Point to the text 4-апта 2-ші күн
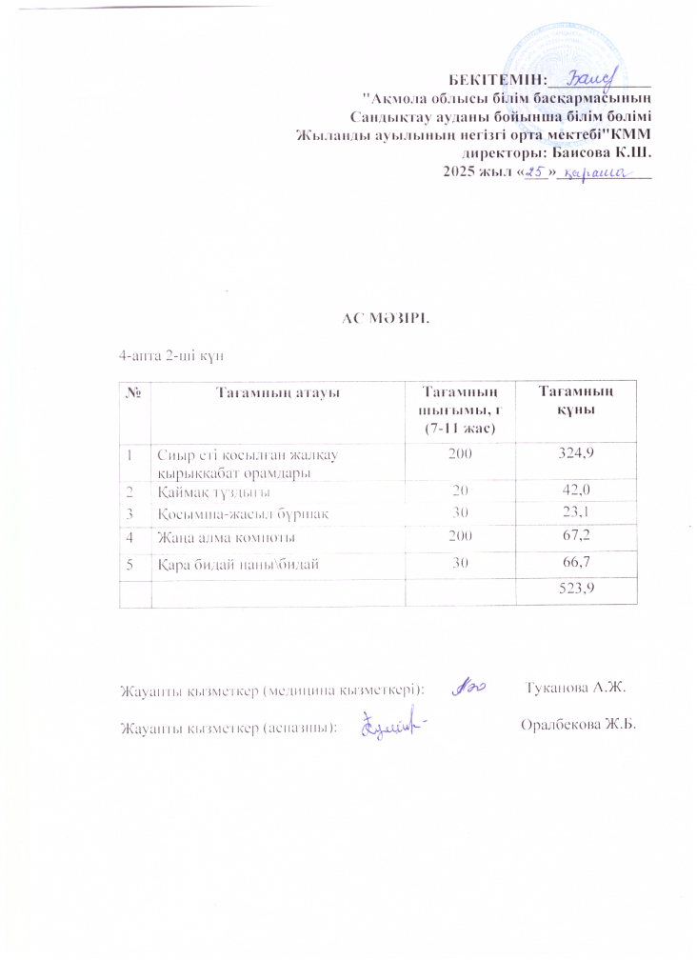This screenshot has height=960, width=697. click(x=169, y=354)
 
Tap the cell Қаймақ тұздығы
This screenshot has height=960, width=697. click(x=214, y=491)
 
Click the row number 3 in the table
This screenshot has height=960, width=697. click(x=128, y=513)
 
